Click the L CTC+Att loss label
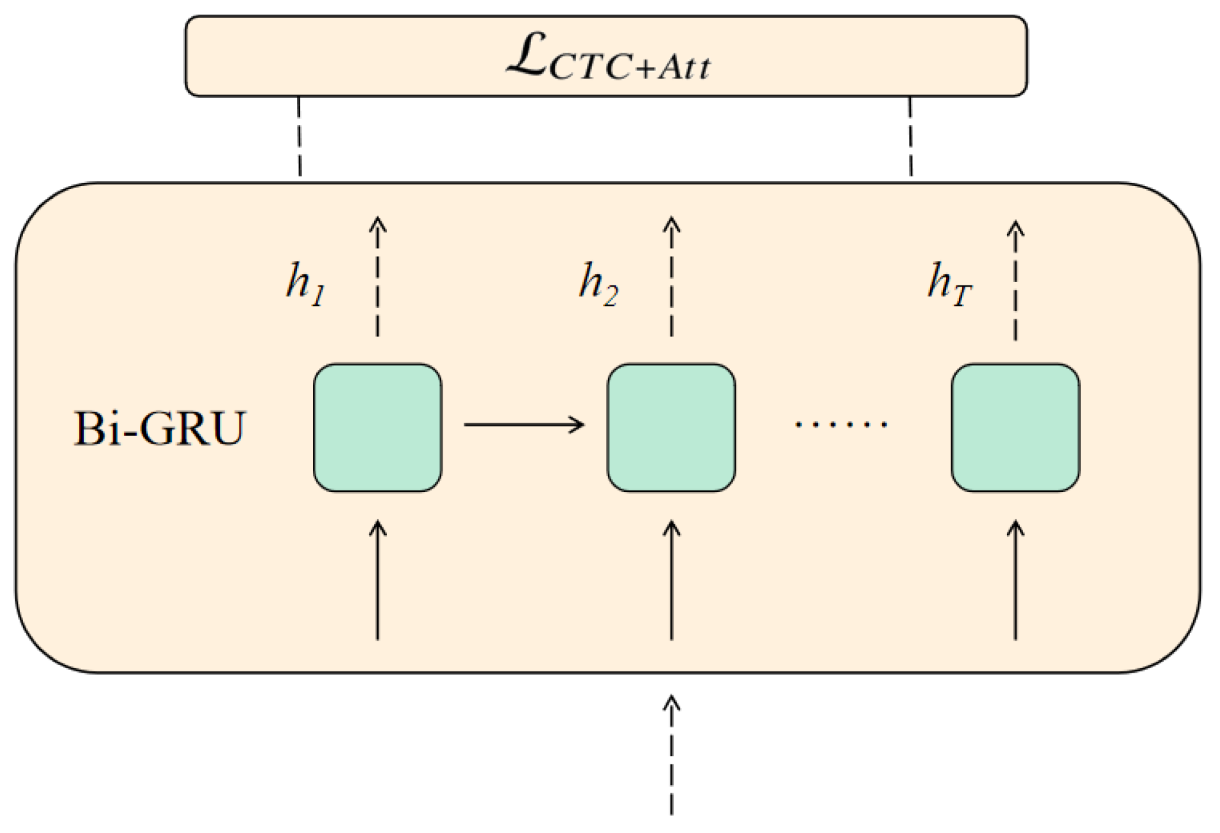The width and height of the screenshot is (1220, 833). (607, 60)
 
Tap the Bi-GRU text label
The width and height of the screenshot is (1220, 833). (160, 428)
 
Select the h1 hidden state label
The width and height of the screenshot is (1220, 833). (306, 284)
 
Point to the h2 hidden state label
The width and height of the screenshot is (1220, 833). (598, 284)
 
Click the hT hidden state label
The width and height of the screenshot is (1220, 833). (950, 284)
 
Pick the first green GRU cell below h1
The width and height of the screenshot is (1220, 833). (377, 428)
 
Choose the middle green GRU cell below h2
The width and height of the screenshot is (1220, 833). (671, 428)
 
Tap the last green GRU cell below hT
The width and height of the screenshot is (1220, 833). (1015, 428)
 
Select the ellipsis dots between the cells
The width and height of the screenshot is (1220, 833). (841, 424)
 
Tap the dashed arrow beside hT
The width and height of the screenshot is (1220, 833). (1015, 280)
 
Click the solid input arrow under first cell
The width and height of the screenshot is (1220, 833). (377, 580)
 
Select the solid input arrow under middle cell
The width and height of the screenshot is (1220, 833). (671, 580)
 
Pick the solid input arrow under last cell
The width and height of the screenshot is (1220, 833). (1015, 580)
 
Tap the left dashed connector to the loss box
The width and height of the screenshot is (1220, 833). (300, 137)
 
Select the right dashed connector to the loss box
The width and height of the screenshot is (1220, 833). (910, 137)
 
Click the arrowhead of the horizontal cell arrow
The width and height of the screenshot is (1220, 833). (578, 424)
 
